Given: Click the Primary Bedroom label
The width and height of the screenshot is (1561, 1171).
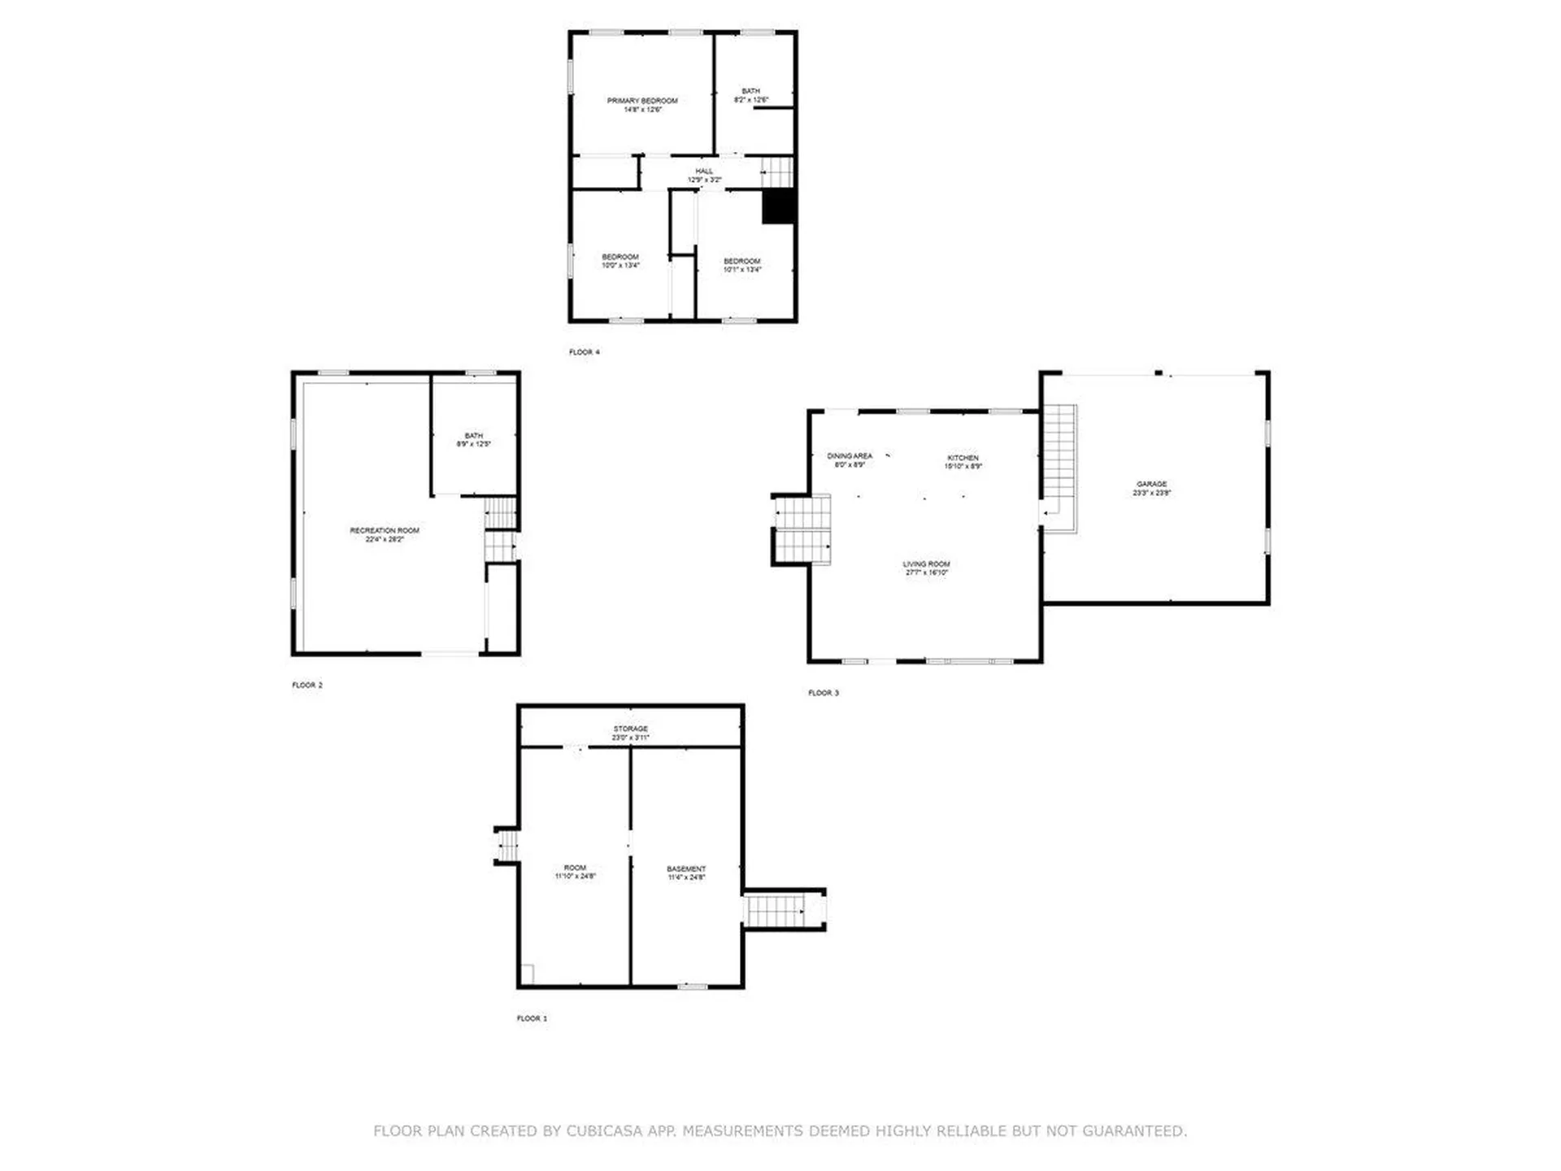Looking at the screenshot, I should coord(642,105).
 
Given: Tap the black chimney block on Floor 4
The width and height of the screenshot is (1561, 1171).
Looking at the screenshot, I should coord(778,206).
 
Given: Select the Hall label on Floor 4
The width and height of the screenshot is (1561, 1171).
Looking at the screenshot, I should coord(704,175).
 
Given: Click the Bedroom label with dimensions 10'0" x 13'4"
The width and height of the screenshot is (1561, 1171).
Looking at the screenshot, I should coord(620,261).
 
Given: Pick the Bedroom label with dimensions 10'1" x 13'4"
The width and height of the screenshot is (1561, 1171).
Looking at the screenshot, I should coord(742,265).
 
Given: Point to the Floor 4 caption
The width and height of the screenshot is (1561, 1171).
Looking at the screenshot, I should coord(584,352).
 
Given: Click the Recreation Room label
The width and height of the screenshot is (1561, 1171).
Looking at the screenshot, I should coord(385,534).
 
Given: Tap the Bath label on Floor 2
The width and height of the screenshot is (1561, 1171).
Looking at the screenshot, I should coord(473,440).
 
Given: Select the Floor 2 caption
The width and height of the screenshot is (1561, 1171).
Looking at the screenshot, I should coord(307,685).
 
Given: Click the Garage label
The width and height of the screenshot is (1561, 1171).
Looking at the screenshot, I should coord(1151,488).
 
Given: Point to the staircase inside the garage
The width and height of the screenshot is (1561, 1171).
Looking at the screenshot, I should coord(1060,468).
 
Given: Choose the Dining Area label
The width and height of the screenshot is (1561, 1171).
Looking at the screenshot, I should coord(850,460).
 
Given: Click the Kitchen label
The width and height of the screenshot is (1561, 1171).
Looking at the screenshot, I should coord(963,462).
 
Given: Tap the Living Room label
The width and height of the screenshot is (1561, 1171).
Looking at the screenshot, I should coord(926,568).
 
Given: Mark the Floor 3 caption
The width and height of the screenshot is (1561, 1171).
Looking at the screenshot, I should coord(823,693).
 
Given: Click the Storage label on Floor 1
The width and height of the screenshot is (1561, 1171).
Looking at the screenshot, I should coord(630,733).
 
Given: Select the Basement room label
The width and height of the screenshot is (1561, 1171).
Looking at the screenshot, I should coord(686,873).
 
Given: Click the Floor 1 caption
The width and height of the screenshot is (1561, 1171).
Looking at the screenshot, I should coord(532,1018).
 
